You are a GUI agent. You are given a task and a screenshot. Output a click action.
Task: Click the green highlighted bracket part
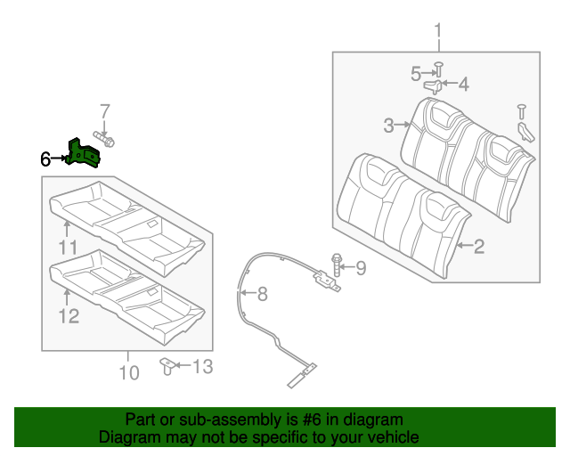85,153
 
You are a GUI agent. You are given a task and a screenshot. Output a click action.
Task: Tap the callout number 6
46,159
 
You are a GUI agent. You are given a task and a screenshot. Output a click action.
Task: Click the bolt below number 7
106,139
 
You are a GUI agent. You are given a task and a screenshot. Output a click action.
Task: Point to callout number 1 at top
438,34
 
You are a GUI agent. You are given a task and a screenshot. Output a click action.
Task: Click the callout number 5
416,74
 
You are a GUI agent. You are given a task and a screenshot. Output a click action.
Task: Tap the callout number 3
388,126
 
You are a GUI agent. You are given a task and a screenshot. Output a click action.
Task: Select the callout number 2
478,247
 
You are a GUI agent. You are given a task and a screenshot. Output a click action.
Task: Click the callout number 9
361,266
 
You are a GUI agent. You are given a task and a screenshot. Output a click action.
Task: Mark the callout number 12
69,315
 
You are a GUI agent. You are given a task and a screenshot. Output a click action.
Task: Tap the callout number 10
129,372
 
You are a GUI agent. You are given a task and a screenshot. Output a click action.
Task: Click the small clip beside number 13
167,365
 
